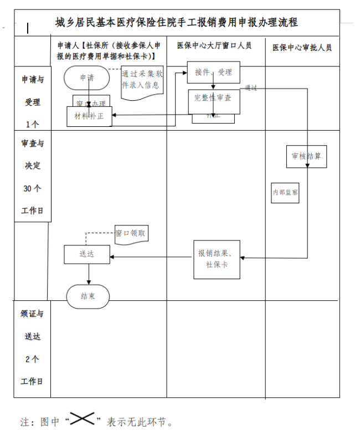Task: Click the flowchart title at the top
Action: pyautogui.click(x=177, y=22)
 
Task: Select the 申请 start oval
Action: pyautogui.click(x=87, y=78)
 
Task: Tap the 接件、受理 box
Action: pyautogui.click(x=213, y=72)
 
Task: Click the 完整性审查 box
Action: pyautogui.click(x=213, y=98)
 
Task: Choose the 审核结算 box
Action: pyautogui.click(x=306, y=156)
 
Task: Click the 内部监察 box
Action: pyautogui.click(x=285, y=192)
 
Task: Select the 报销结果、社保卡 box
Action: pyautogui.click(x=217, y=259)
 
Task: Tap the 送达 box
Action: pyautogui.click(x=87, y=254)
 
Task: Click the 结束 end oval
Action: pyautogui.click(x=88, y=296)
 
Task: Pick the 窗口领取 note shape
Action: pyautogui.click(x=131, y=234)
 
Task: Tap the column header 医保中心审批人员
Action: pyautogui.click(x=302, y=48)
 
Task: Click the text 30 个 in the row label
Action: pyautogui.click(x=32, y=188)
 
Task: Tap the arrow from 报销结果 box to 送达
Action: pyautogui.click(x=152, y=256)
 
